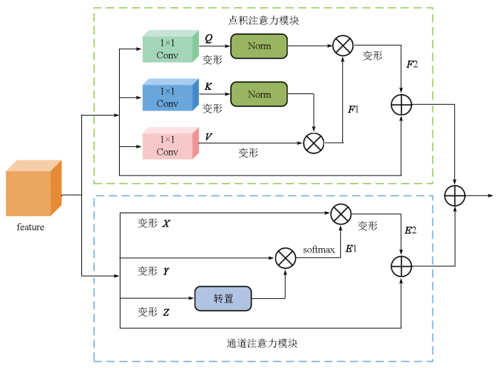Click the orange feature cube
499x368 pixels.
pyautogui.click(x=33, y=189)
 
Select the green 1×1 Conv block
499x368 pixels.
pyautogui.click(x=170, y=47)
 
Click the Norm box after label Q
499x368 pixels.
pyautogui.click(x=259, y=46)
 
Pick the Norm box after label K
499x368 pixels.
pyautogui.click(x=259, y=94)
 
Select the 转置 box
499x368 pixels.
pyautogui.click(x=223, y=299)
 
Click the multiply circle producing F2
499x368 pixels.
pyautogui.click(x=343, y=46)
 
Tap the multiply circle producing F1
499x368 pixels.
pyautogui.click(x=314, y=143)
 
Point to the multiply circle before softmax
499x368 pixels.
pyautogui.click(x=285, y=257)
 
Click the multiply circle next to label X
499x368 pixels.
pyautogui.click(x=341, y=213)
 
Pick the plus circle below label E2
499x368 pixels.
pyautogui.click(x=402, y=267)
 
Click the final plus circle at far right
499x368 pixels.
pyautogui.click(x=454, y=195)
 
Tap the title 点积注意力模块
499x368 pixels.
pyautogui.click(x=264, y=20)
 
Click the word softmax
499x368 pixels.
pyautogui.click(x=319, y=250)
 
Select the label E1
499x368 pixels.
pyautogui.click(x=351, y=249)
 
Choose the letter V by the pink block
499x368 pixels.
pyautogui.click(x=208, y=136)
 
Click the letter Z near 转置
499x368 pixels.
pyautogui.click(x=166, y=312)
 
